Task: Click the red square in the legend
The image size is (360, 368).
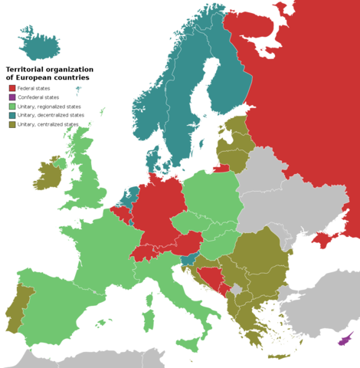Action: [x=11, y=87]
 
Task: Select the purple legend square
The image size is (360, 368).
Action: [x=11, y=97]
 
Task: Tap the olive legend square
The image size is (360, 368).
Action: [x=11, y=123]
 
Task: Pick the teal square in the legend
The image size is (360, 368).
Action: [x=11, y=114]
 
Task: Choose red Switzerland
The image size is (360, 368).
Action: [x=144, y=251]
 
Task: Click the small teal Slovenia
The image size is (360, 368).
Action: [x=188, y=259]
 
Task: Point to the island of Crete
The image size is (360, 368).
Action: [x=280, y=356]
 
